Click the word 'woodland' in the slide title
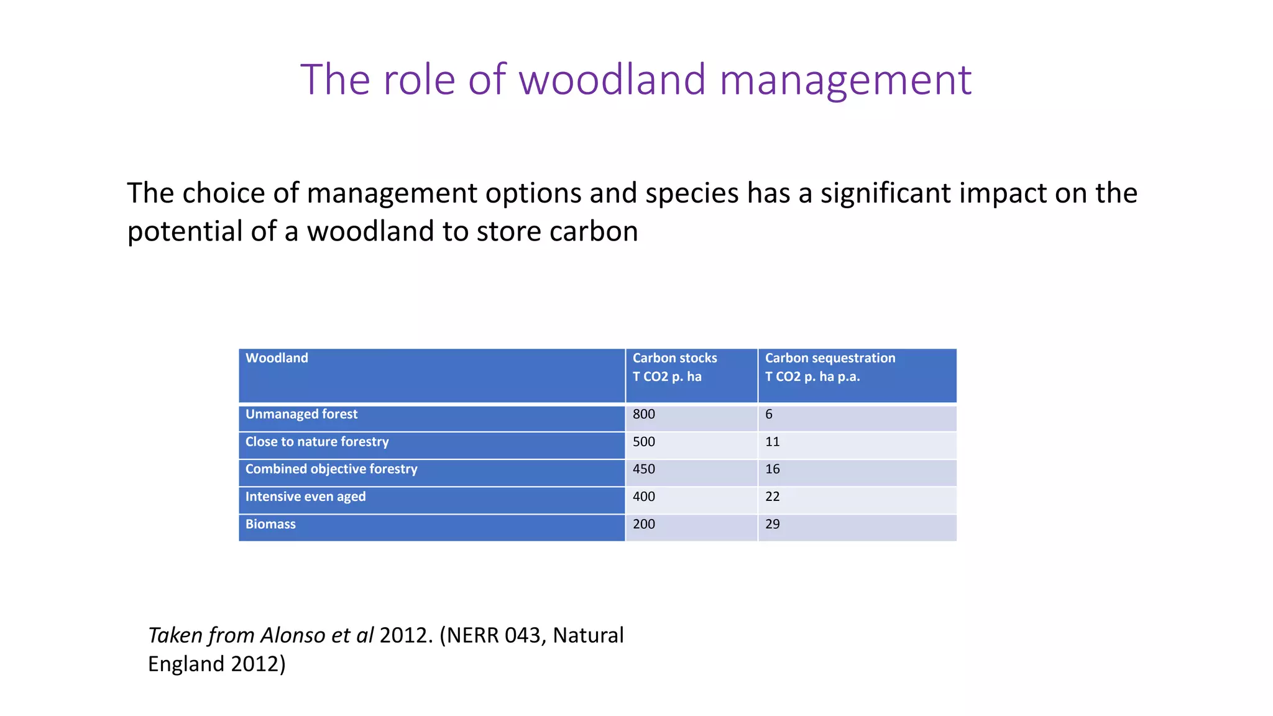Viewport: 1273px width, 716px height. tap(612, 80)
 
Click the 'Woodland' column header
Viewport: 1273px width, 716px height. tap(277, 358)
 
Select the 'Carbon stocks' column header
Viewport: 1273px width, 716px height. tap(674, 358)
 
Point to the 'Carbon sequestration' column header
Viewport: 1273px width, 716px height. tap(830, 358)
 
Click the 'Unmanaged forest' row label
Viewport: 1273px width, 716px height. tap(301, 414)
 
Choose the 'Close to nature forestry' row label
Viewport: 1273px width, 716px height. tap(317, 442)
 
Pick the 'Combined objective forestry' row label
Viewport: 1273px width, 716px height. tap(331, 469)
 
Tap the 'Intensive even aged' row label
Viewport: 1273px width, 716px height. tap(305, 497)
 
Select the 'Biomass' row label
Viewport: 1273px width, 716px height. tap(270, 524)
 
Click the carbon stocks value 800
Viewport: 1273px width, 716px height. tap(643, 415)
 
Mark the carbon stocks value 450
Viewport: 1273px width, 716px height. tap(643, 469)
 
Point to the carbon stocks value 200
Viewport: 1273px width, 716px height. tap(643, 524)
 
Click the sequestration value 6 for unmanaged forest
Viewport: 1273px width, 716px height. tap(769, 415)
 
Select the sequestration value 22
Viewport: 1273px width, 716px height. tap(772, 497)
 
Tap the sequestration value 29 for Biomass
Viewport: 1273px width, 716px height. tap(772, 524)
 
